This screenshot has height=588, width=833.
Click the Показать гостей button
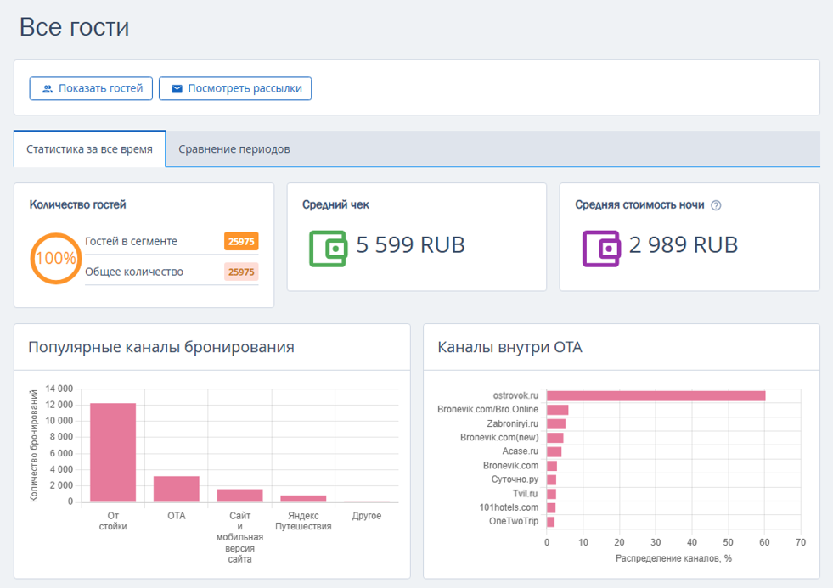91,88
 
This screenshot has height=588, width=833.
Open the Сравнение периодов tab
234,149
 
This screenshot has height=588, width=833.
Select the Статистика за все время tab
89,149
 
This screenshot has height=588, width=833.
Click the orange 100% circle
55,259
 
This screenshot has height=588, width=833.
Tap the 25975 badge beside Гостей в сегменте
241,242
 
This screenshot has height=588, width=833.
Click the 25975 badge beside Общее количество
241,272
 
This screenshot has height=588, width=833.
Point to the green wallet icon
328,249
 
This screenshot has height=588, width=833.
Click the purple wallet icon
601,249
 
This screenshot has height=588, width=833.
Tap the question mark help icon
716,205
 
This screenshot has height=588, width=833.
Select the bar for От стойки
113,453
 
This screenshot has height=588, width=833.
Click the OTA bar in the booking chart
177,489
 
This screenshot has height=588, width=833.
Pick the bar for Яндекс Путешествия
303,499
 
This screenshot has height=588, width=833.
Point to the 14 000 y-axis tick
59,389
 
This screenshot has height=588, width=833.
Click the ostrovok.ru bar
656,396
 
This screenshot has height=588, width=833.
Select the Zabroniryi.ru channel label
513,423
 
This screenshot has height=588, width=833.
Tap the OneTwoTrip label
514,521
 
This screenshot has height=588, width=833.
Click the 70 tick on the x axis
801,542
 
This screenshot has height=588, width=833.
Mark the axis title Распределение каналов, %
673,558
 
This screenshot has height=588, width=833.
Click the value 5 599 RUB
410,245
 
